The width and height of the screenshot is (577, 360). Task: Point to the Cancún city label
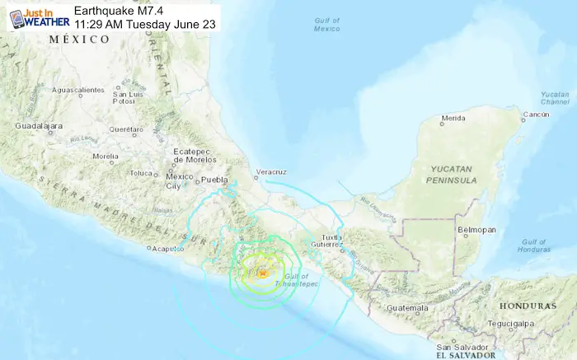coord(537,114)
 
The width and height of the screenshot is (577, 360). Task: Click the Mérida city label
coord(453,119)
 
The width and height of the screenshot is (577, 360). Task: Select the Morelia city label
coord(106,156)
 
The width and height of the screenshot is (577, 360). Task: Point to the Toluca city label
coord(143,173)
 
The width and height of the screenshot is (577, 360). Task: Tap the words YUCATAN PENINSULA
coord(453,173)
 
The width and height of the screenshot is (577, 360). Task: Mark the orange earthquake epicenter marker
coord(262,274)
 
